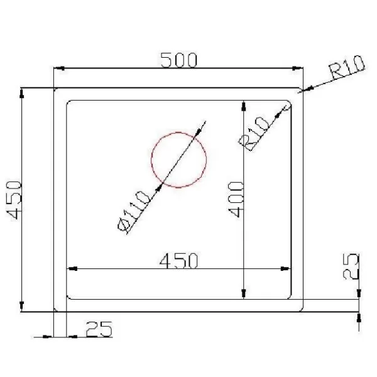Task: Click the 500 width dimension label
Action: (178, 60)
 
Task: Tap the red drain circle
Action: (151, 160)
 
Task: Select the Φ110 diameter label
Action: (133, 212)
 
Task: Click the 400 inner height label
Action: (236, 199)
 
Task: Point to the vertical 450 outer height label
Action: (14, 200)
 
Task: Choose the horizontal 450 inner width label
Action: (178, 260)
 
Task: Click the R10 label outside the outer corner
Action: (347, 67)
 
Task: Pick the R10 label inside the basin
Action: (253, 134)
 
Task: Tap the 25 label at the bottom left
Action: (99, 329)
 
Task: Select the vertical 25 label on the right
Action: (351, 266)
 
